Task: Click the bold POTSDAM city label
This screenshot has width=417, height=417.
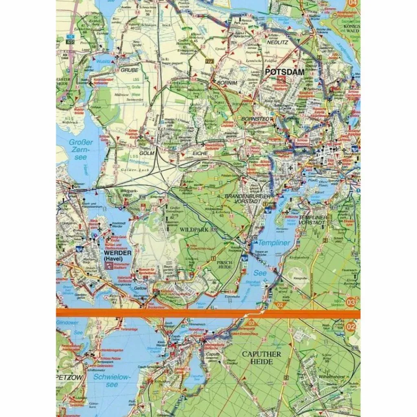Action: (285, 72)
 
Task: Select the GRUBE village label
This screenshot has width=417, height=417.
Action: (129, 70)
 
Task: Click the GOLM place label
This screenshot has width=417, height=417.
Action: (147, 153)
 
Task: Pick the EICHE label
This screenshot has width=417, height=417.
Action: (200, 154)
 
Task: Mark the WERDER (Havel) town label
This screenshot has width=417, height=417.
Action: (117, 255)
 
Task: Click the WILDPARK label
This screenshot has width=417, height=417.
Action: (194, 230)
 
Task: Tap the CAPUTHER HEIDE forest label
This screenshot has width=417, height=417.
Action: (261, 358)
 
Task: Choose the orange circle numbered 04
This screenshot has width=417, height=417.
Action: (352, 4)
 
